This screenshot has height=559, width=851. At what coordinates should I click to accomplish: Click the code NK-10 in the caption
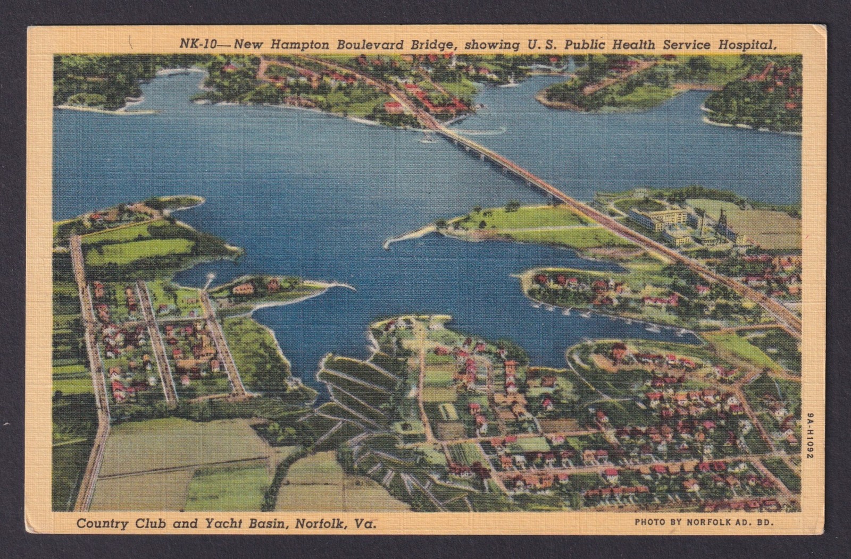click(x=198, y=45)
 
